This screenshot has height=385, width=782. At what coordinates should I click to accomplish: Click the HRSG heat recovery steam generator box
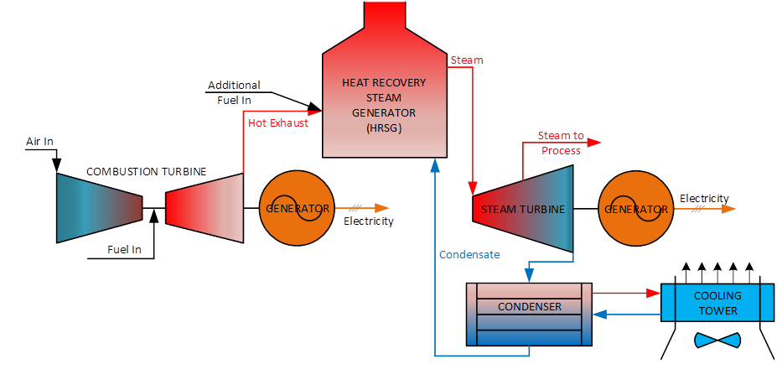pyautogui.click(x=384, y=105)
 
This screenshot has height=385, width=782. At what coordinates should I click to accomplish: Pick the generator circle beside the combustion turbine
pyautogui.click(x=298, y=208)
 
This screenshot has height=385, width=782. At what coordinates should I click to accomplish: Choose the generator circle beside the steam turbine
pyautogui.click(x=634, y=208)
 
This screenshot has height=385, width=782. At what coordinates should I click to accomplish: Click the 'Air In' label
pyautogui.click(x=39, y=142)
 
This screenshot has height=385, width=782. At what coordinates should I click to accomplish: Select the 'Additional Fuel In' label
pyautogui.click(x=234, y=92)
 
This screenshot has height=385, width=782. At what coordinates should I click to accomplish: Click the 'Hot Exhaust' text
pyautogui.click(x=278, y=123)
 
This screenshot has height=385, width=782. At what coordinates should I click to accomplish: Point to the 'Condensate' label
pyautogui.click(x=469, y=254)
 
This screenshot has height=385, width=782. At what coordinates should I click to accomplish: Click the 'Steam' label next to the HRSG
pyautogui.click(x=467, y=60)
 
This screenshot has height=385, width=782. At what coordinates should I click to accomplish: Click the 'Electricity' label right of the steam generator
pyautogui.click(x=704, y=199)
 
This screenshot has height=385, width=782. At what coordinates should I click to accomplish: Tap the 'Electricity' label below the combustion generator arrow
pyautogui.click(x=368, y=222)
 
